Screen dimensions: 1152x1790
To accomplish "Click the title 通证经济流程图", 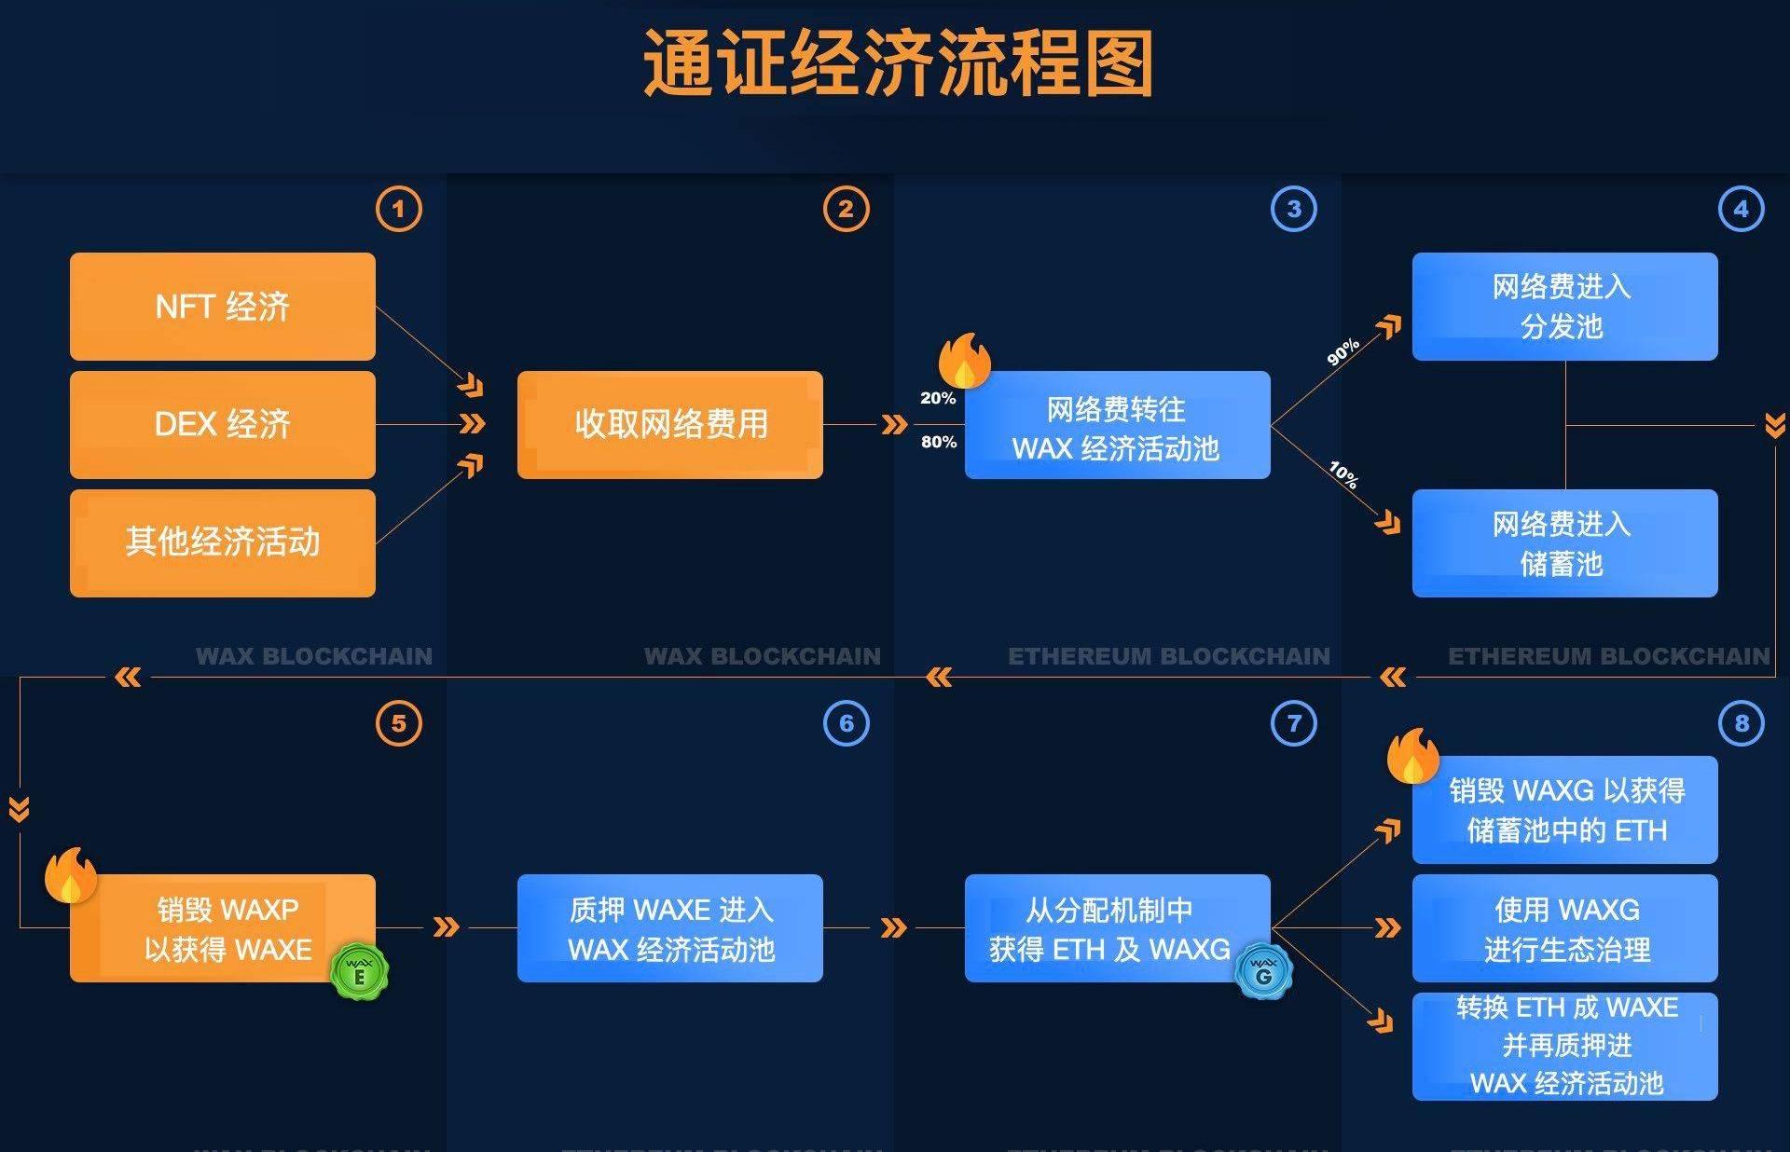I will [898, 63].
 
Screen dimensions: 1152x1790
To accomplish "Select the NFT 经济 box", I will [223, 307].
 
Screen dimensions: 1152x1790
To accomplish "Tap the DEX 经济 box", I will [223, 425].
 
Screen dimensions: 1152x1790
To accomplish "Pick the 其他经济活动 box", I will [223, 542].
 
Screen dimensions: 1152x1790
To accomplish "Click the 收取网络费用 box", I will [670, 425].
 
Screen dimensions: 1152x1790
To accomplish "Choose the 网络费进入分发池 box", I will [1564, 307].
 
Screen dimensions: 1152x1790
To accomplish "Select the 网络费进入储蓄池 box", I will [1564, 543].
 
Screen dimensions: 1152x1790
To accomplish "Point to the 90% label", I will [1342, 351].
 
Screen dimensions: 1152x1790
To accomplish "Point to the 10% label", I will [1343, 474].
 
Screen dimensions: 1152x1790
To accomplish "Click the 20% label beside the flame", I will [938, 398].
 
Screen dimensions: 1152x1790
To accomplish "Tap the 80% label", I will [939, 442].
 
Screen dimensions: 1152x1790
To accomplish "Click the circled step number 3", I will [1293, 209].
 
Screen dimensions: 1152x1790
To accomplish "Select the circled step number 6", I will [846, 723].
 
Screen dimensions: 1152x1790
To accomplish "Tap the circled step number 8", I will [1741, 723].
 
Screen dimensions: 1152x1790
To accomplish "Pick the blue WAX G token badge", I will [1263, 971].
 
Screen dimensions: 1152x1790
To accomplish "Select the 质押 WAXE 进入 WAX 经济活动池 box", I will [670, 928].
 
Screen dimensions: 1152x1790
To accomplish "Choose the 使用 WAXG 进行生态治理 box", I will [1564, 928].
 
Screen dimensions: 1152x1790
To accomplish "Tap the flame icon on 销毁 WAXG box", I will [1412, 755].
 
